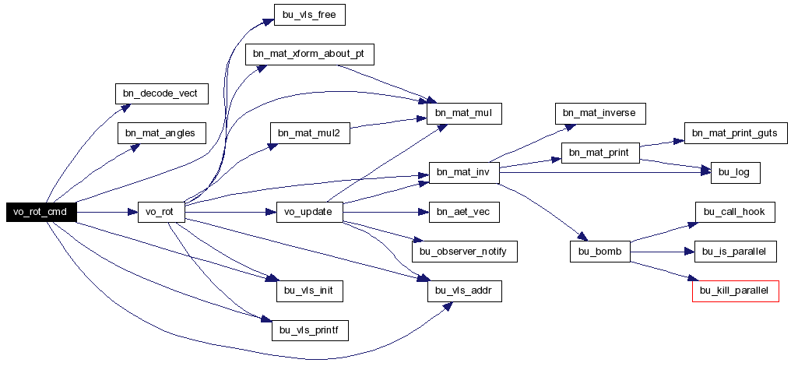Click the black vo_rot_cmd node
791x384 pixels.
41,212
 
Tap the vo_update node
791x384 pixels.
310,212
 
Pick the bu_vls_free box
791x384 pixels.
309,15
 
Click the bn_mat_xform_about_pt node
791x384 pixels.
310,55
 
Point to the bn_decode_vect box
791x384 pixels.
162,93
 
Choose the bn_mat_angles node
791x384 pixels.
162,133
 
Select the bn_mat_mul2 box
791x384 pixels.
310,133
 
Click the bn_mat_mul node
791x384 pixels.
464,114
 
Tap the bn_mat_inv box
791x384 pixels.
464,173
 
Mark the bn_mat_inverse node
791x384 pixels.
600,114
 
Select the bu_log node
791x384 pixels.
736,173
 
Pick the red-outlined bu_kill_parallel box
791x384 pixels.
736,291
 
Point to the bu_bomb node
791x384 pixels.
600,252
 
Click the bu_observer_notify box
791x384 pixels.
465,252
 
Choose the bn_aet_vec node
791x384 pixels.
464,212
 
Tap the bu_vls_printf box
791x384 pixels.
310,330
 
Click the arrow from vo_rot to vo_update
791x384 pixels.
230,213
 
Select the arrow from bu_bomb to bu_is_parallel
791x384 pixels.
663,252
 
